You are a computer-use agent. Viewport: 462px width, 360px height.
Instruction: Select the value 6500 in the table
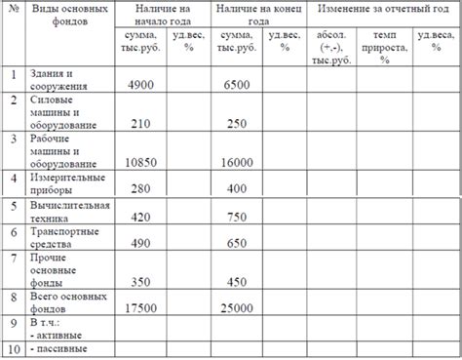tap(237, 85)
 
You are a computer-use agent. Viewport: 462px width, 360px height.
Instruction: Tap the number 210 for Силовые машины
tap(139, 124)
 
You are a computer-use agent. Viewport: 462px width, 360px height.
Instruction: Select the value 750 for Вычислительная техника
tap(237, 217)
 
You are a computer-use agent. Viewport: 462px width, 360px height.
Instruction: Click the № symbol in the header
tap(13, 8)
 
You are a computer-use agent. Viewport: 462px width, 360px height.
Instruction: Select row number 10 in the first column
tap(13, 348)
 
